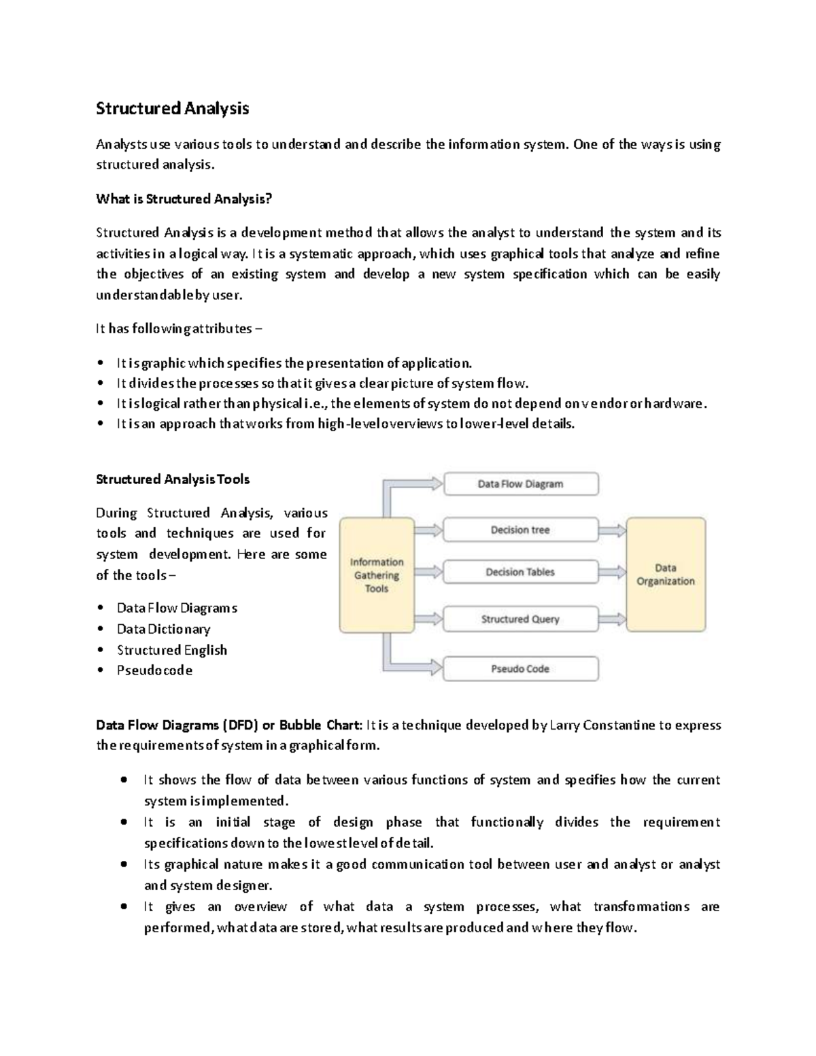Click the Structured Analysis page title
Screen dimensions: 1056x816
[x=172, y=109]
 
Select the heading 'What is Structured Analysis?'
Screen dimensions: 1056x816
[x=184, y=199]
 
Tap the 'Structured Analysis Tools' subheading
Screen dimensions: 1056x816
[x=173, y=479]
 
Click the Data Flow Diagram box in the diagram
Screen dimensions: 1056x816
[x=521, y=484]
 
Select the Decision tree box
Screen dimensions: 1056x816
[x=521, y=530]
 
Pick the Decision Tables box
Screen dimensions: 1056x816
[x=521, y=572]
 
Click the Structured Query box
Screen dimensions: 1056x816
[x=521, y=619]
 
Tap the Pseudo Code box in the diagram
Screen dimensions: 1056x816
[x=521, y=668]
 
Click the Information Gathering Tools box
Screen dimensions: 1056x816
[x=377, y=575]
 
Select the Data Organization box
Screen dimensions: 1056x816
[x=665, y=575]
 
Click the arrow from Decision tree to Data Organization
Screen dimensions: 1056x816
[x=612, y=530]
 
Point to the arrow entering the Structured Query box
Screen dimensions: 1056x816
[x=428, y=619]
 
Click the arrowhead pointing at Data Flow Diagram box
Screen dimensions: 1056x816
[x=435, y=483]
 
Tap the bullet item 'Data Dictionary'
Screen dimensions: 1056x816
[x=163, y=629]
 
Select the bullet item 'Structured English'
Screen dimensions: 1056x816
[x=171, y=650]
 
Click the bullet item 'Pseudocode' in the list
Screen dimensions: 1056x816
[x=154, y=670]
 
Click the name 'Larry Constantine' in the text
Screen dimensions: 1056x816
[x=597, y=725]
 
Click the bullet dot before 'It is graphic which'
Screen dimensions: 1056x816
[x=101, y=363]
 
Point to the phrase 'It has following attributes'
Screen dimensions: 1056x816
[x=173, y=329]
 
